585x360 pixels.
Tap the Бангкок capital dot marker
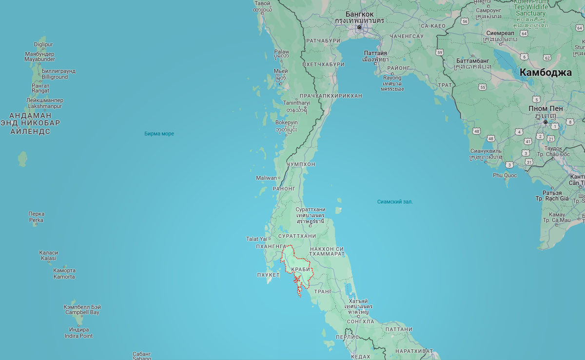[359, 28]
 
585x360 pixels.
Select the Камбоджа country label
[545, 73]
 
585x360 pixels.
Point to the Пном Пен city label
[546, 108]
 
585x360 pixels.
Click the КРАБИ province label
[300, 269]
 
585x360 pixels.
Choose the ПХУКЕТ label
[268, 275]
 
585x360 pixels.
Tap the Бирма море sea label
[159, 134]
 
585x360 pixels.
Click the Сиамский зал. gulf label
[395, 201]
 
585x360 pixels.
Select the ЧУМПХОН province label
[301, 164]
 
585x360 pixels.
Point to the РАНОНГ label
[284, 188]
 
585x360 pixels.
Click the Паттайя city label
[375, 53]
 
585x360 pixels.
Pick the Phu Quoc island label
[505, 175]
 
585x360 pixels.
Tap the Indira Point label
[78, 336]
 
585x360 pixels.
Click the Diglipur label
[43, 44]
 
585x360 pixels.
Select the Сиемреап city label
[500, 33]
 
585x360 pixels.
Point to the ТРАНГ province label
[323, 291]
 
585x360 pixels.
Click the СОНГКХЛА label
[361, 322]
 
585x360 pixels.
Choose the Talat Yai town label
[256, 239]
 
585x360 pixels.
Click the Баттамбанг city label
[472, 61]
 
